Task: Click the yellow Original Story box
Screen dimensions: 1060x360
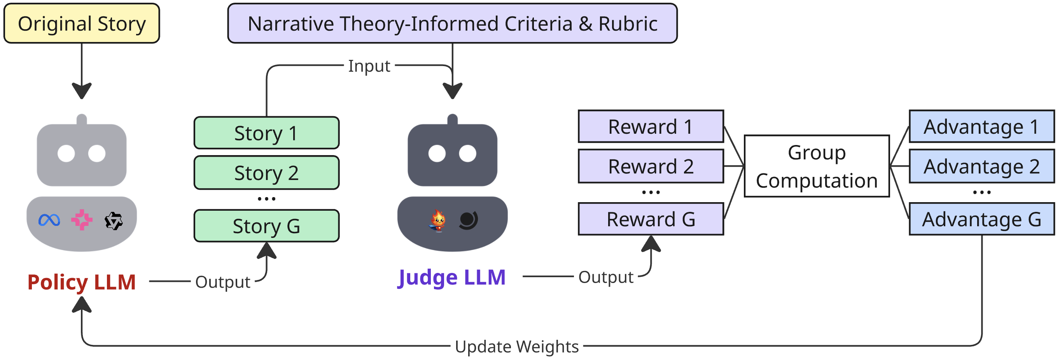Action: tap(82, 23)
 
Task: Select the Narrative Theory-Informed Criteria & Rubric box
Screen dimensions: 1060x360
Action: tap(452, 23)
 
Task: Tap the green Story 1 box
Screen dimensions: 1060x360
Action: tap(267, 133)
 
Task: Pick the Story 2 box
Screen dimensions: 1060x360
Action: tap(267, 173)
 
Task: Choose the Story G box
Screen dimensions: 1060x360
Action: tap(267, 226)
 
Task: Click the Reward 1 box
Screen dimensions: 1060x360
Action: tap(651, 126)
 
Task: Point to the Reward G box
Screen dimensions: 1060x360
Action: tap(651, 219)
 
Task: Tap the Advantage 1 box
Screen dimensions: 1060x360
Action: tap(982, 126)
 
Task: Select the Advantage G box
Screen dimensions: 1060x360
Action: tap(982, 219)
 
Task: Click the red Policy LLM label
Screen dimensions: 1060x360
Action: tap(82, 282)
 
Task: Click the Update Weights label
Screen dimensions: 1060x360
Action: tap(517, 346)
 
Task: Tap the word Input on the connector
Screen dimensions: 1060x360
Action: tap(369, 66)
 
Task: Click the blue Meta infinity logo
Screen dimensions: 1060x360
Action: tap(49, 220)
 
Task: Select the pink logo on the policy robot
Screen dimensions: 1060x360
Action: tap(82, 220)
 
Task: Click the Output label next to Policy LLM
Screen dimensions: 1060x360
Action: tap(223, 282)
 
